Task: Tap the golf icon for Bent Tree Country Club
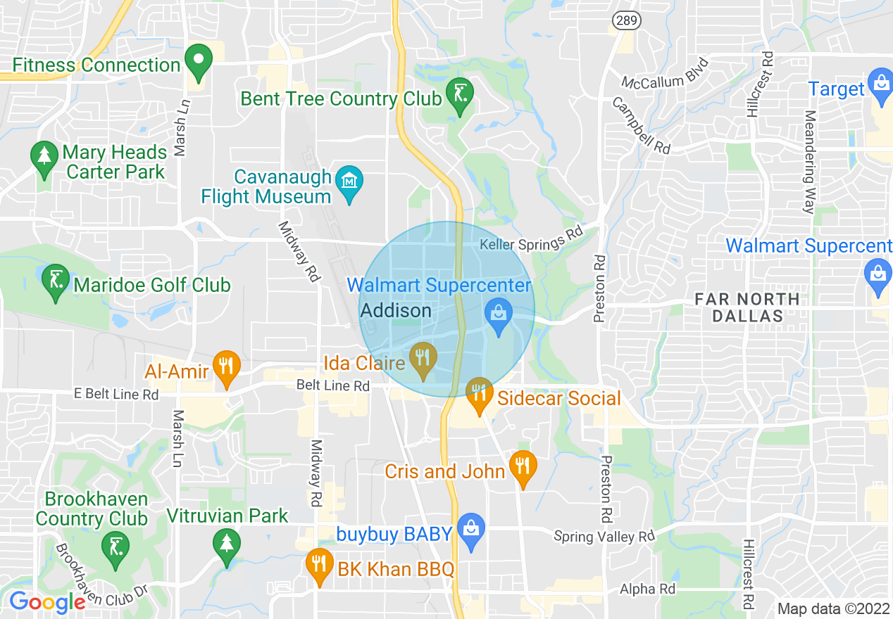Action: point(460,94)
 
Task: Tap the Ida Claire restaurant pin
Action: point(423,359)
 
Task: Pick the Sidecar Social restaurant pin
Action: point(480,393)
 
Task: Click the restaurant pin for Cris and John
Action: point(523,466)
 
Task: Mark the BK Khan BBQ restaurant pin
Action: point(320,564)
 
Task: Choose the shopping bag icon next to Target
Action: point(880,84)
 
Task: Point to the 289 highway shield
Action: point(626,20)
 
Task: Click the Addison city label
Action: point(396,310)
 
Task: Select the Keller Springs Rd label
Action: point(532,240)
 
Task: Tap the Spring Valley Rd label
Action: point(604,537)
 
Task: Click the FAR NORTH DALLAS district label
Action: point(747,307)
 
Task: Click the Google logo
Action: point(47,602)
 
